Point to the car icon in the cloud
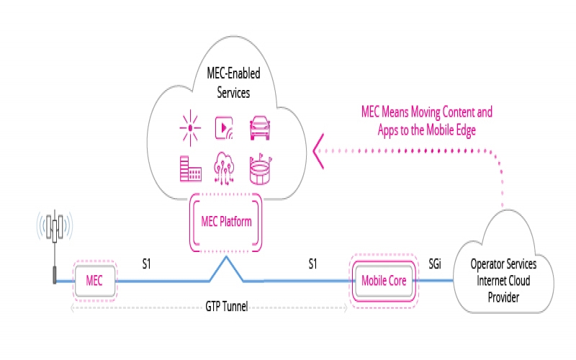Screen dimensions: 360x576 coord(259,129)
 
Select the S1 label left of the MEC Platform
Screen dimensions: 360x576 coord(146,264)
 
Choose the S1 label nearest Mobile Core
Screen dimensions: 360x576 coord(312,264)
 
